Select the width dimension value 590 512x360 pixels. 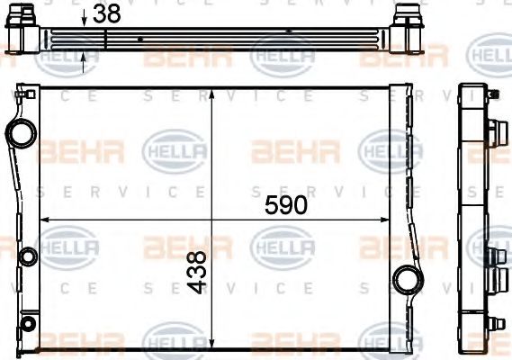[x=285, y=204]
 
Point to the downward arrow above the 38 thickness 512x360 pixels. [x=84, y=20]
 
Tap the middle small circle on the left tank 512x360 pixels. [x=27, y=257]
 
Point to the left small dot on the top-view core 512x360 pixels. [x=141, y=40]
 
